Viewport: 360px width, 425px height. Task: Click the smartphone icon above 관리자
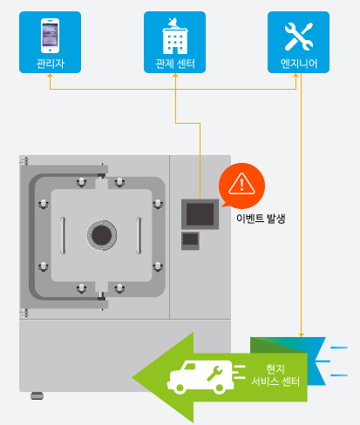(x=50, y=36)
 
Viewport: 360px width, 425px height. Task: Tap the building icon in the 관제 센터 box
(x=175, y=36)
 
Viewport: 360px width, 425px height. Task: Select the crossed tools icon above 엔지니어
(x=299, y=37)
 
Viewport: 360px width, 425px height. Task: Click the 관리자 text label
(x=50, y=64)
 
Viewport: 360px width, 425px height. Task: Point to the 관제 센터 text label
(x=175, y=64)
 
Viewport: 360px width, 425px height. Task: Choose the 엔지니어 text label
(x=298, y=64)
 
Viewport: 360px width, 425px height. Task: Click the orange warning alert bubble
(x=241, y=186)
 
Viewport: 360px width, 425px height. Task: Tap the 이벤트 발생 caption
(x=261, y=219)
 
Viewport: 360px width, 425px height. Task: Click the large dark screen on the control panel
(x=200, y=214)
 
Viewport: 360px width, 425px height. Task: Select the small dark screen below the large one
(x=190, y=239)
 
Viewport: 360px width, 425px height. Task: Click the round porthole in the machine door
(x=102, y=235)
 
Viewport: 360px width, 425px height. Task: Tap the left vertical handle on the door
(x=63, y=235)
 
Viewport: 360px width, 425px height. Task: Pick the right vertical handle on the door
(x=139, y=235)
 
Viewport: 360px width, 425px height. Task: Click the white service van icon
(x=200, y=377)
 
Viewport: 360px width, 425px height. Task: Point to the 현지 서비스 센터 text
(x=275, y=375)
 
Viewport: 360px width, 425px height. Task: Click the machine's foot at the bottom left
(x=37, y=395)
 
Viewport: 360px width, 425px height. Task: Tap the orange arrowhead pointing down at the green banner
(x=302, y=335)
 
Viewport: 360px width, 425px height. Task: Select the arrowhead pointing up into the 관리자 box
(x=50, y=75)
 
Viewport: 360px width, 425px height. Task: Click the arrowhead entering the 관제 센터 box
(x=175, y=75)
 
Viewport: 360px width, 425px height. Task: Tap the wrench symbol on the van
(x=214, y=374)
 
